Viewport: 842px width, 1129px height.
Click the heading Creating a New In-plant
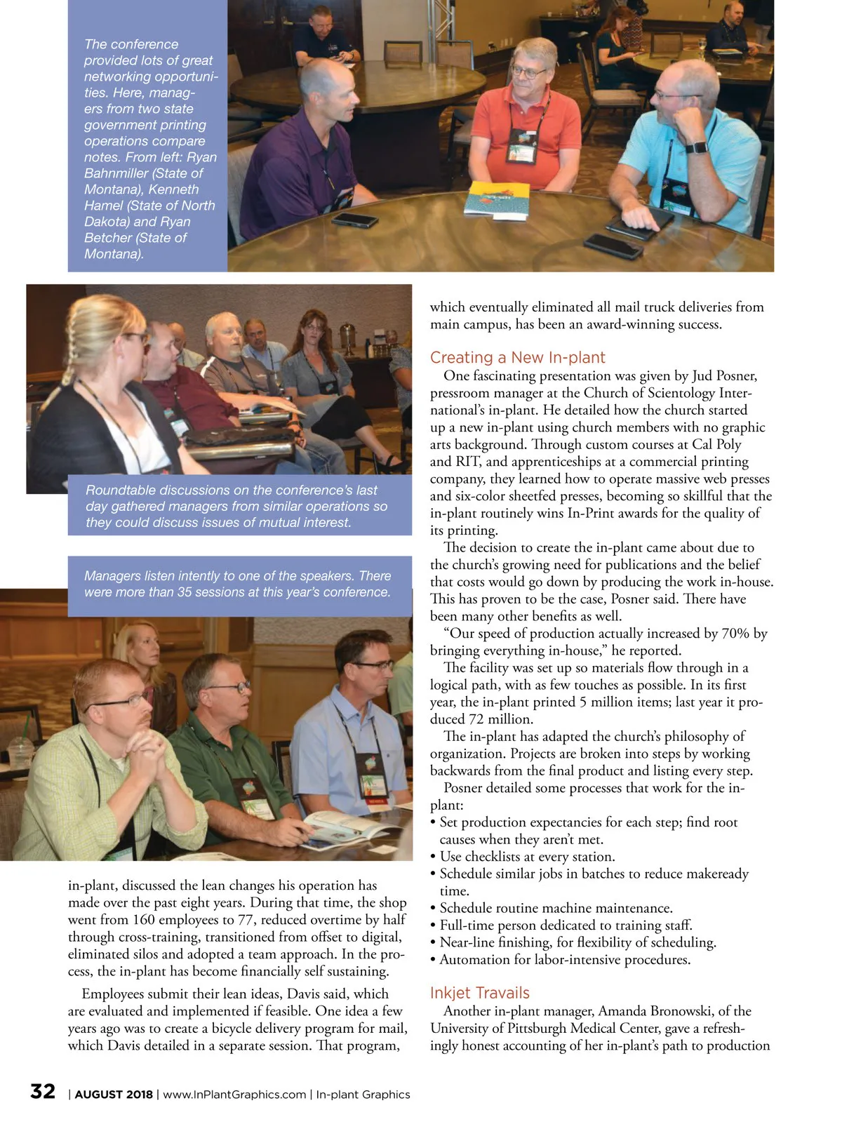[x=517, y=358]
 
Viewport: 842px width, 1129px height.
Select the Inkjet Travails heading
[x=479, y=993]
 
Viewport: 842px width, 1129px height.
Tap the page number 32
[x=43, y=1092]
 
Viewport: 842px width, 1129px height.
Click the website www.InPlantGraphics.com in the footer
[x=234, y=1095]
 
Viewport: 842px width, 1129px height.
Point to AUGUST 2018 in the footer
[x=114, y=1095]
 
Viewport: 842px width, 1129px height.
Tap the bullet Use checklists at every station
[x=527, y=857]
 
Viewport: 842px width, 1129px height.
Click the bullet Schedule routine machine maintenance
[x=556, y=908]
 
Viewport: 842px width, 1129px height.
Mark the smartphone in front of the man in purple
[x=355, y=220]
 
